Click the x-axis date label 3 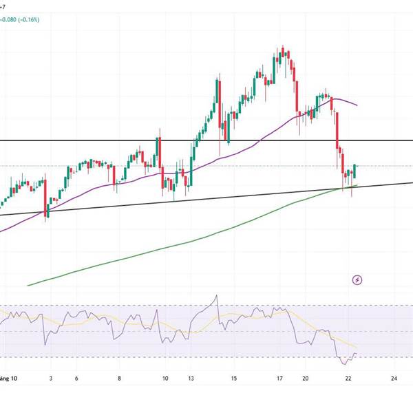click(x=51, y=378)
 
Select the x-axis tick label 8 click(x=120, y=378)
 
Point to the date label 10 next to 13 click(x=165, y=378)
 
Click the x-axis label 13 click(x=191, y=378)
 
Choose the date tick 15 click(x=234, y=378)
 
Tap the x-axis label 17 click(x=280, y=378)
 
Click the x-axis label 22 click(x=349, y=378)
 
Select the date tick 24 click(x=393, y=378)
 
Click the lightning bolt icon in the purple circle click(x=357, y=279)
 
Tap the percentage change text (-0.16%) click(x=30, y=20)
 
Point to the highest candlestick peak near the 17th click(x=284, y=47)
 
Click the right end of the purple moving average click(x=357, y=105)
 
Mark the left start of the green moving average click(x=28, y=286)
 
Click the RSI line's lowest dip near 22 click(x=343, y=361)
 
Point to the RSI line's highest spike click(x=217, y=296)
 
